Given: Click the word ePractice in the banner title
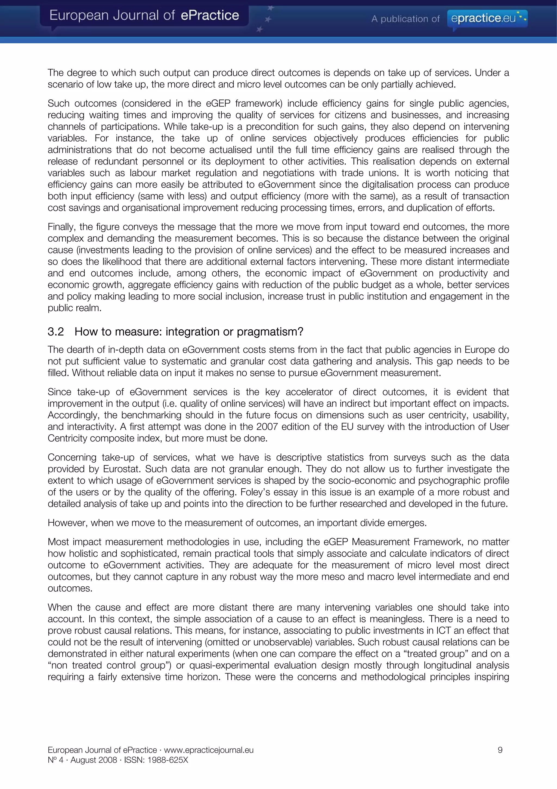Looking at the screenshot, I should pos(209,16).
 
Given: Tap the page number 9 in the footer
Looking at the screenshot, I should pos(500,750).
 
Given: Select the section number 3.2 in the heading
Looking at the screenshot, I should pos(55,332).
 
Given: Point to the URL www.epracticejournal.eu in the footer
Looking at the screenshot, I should pos(209,750).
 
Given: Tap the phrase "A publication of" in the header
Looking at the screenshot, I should pos(405,19).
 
